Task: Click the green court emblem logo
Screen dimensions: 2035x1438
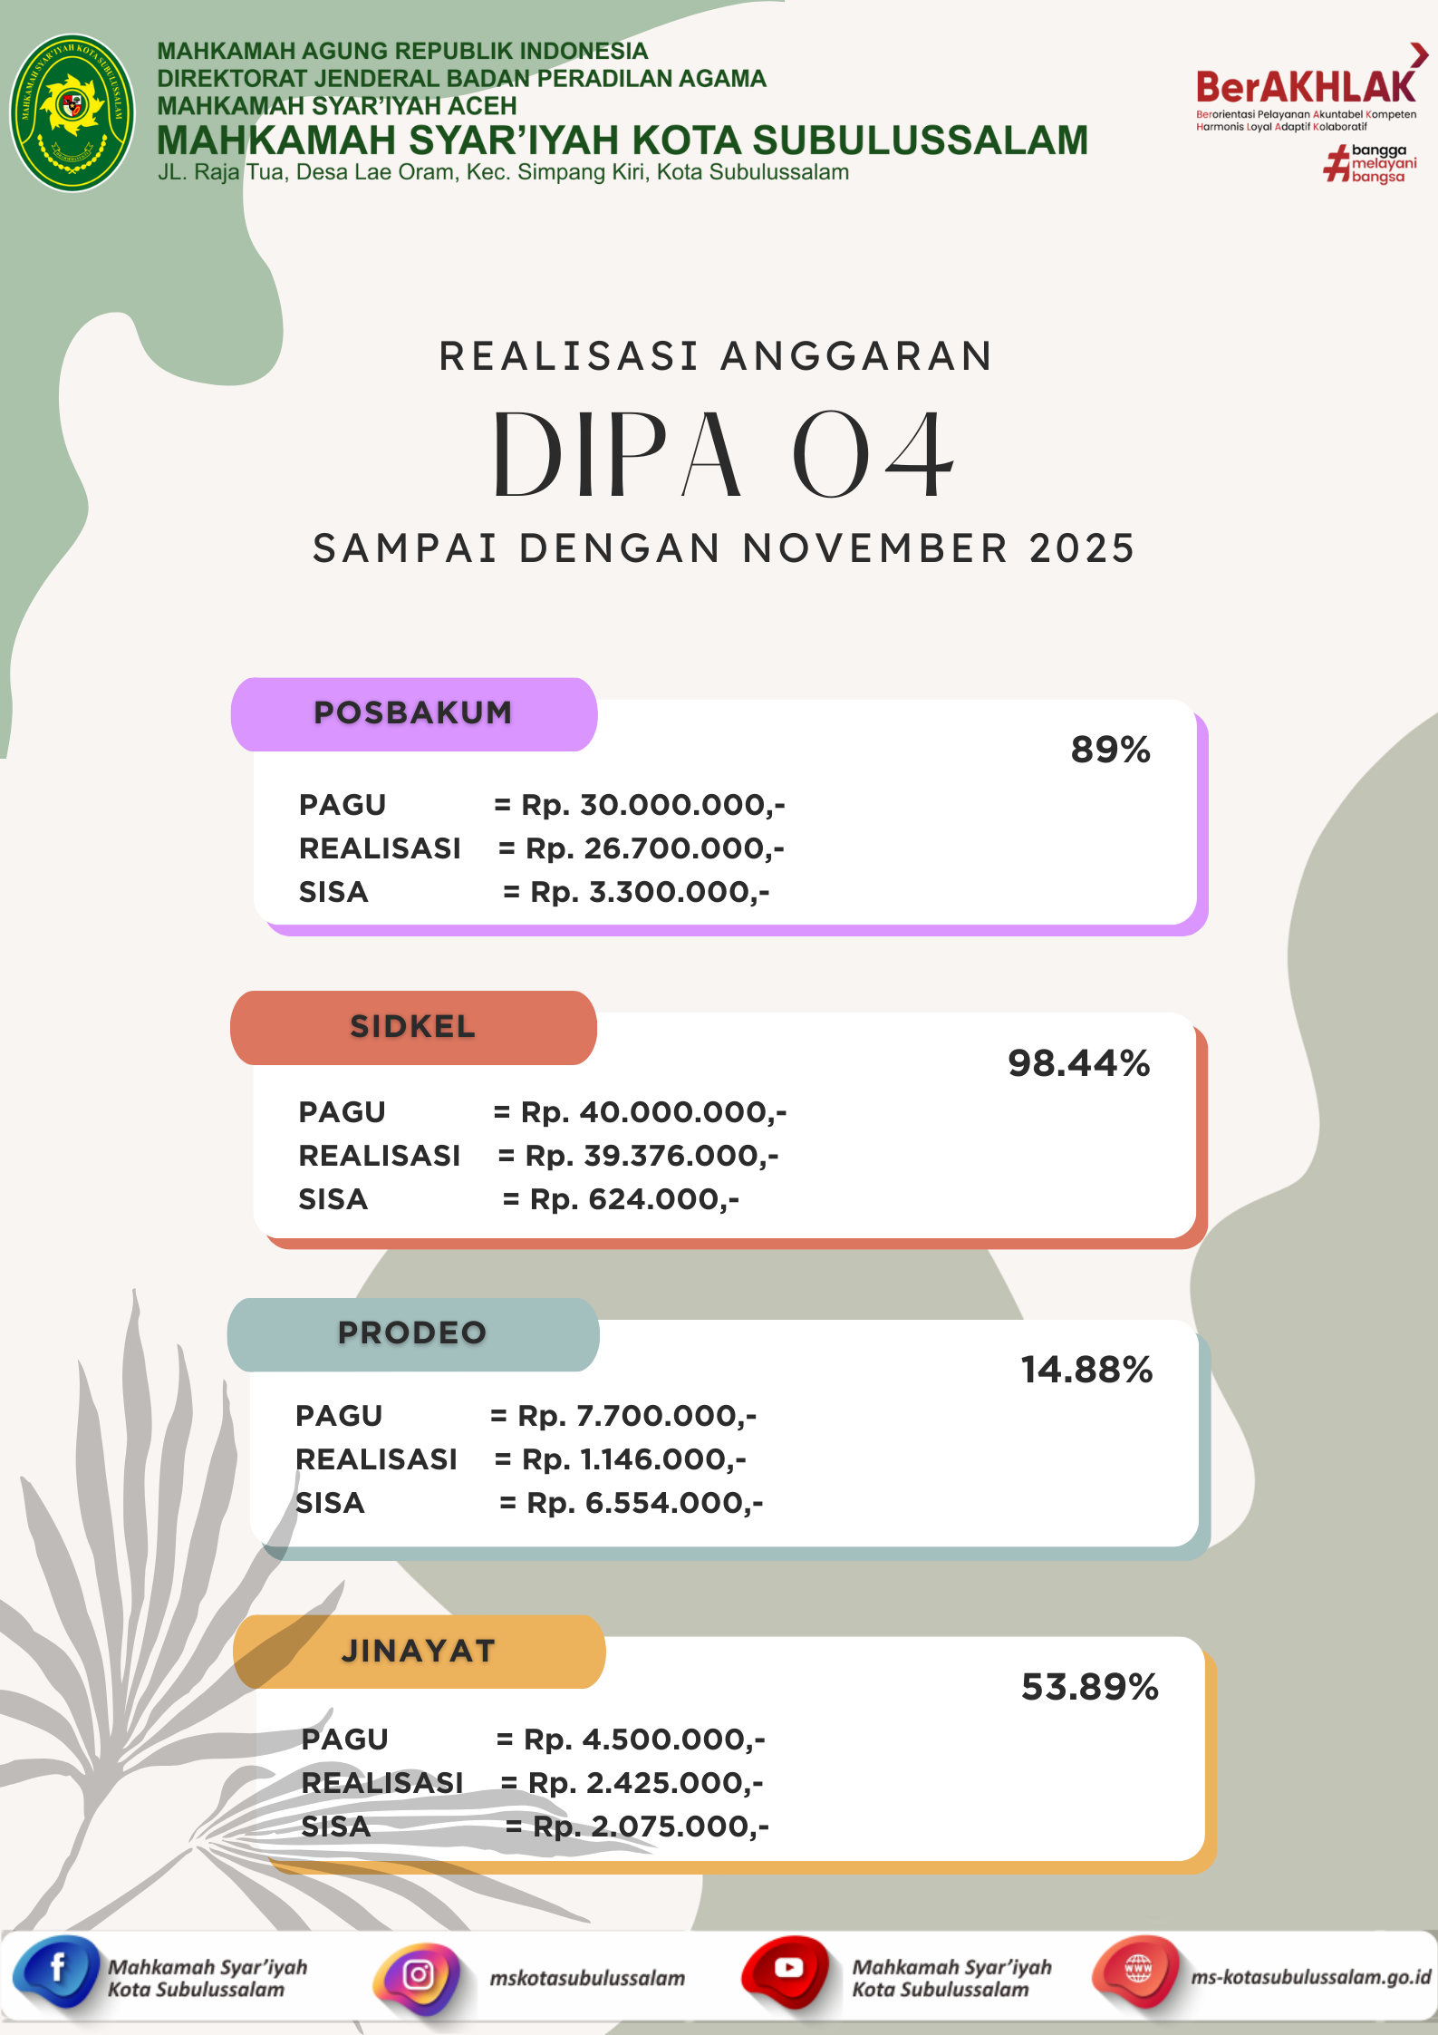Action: click(72, 112)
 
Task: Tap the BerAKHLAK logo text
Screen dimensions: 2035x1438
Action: click(1305, 88)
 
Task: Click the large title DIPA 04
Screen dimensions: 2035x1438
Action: click(723, 455)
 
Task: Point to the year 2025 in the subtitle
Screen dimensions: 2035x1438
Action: click(1082, 549)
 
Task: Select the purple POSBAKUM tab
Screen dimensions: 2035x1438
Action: click(413, 713)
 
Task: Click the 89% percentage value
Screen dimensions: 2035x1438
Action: click(1110, 751)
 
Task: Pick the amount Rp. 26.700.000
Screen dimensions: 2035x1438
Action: click(652, 848)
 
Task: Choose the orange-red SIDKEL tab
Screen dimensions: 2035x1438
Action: click(413, 1027)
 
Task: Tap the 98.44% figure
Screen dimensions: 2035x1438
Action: click(1078, 1063)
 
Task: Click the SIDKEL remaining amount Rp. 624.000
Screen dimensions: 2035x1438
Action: click(634, 1199)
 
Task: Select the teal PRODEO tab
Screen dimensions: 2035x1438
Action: click(413, 1333)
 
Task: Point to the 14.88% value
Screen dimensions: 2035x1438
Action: click(1086, 1370)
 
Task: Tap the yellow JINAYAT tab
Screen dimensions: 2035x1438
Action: click(419, 1652)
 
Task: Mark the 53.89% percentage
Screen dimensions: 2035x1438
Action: click(1090, 1687)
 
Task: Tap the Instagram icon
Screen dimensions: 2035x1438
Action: click(418, 1975)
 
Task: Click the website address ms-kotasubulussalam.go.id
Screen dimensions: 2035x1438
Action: click(1310, 1977)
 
